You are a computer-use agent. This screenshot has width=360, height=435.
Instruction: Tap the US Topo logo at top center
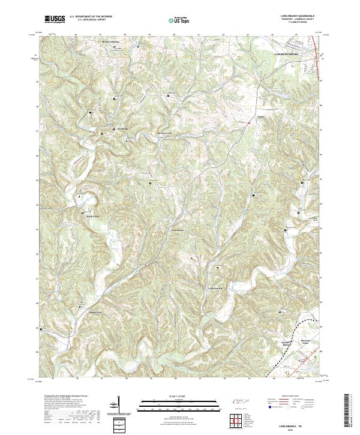(179, 20)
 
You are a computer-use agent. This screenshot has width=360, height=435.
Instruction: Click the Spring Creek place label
(164, 133)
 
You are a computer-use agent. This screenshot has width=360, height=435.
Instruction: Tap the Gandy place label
(260, 117)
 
